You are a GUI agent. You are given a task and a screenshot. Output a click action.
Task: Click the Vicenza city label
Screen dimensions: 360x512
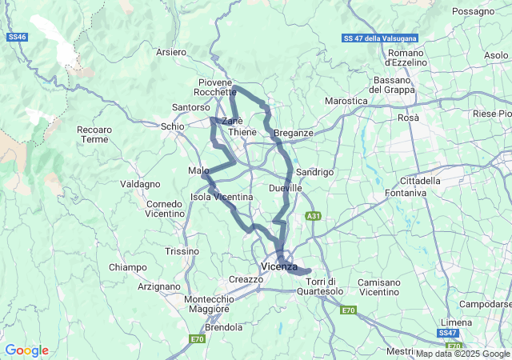279,266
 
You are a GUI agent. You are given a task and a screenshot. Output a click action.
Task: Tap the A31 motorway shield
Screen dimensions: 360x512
314,216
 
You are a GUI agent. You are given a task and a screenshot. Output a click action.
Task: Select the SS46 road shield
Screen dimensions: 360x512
16,37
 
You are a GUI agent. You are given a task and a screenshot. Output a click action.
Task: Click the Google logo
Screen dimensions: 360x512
26,350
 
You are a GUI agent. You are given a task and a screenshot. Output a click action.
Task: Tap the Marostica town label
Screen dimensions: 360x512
346,101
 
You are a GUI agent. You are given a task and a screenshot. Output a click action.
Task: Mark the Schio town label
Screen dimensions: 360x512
171,126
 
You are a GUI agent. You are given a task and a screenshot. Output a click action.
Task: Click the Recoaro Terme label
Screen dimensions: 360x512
94,134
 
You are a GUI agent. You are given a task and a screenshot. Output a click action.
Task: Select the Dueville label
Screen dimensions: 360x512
286,187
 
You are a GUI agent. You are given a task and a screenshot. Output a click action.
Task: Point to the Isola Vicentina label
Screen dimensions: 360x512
222,197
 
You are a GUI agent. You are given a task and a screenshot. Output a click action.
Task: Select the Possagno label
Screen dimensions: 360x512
473,11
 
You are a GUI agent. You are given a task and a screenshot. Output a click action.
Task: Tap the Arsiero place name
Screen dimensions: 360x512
171,52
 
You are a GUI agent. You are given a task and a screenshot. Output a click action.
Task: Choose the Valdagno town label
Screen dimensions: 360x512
140,184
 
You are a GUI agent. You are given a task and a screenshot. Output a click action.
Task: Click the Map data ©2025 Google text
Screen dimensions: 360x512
462,354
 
